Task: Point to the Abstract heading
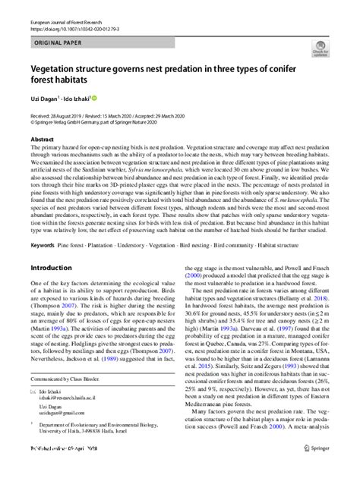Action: point(42,140)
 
